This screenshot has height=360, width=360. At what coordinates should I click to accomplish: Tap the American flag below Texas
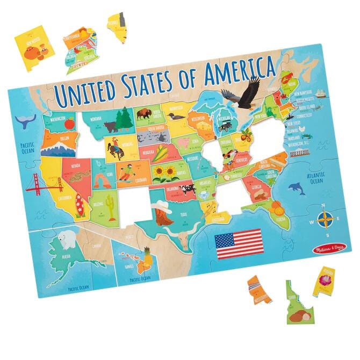click(237, 242)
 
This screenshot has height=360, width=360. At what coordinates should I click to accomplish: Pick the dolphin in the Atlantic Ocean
click(297, 186)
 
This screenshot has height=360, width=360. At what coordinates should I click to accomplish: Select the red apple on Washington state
click(69, 123)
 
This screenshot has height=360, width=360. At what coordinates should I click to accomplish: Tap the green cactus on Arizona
click(111, 203)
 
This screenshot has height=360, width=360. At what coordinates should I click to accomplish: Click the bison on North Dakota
click(144, 114)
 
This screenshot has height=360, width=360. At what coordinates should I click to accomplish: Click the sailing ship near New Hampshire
click(321, 93)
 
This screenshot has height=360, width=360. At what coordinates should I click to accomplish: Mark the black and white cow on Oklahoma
click(187, 189)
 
